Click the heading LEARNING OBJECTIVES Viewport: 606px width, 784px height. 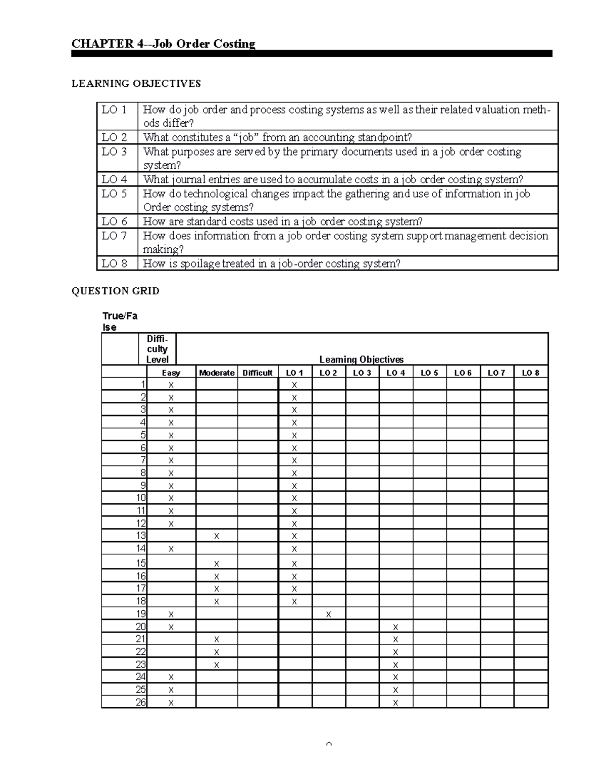(136, 84)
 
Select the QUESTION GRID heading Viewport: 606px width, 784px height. (115, 291)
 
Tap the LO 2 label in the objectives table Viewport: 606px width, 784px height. (114, 137)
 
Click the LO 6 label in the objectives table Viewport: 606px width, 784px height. (114, 222)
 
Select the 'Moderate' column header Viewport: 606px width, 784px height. (217, 373)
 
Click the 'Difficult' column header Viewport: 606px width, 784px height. (258, 373)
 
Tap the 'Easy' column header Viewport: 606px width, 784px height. (171, 373)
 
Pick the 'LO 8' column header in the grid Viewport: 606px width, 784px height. (530, 373)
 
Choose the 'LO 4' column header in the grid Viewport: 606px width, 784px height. (395, 373)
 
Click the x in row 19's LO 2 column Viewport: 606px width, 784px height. (329, 614)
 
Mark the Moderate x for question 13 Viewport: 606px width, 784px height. (217, 536)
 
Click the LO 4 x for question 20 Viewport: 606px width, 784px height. (395, 627)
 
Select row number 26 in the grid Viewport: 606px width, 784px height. (141, 702)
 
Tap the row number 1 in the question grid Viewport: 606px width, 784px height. (143, 385)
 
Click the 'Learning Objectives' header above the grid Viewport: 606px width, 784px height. (362, 359)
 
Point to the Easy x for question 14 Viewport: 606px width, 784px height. (171, 549)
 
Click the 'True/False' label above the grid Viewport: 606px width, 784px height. (120, 322)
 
